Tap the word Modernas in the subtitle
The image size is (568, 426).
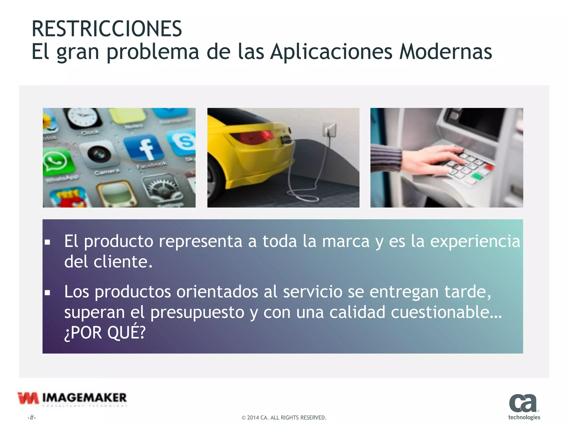[x=445, y=52]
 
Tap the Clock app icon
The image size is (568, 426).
[x=83, y=118]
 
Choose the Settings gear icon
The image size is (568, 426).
[x=164, y=189]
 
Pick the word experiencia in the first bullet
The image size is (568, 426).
[x=475, y=241]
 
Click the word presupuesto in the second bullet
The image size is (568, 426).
[x=197, y=312]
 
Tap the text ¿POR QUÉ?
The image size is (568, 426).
[x=105, y=333]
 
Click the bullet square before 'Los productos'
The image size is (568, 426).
[x=47, y=293]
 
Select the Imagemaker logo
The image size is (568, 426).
[x=72, y=399]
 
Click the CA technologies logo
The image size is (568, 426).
[x=524, y=406]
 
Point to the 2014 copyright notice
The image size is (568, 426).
[x=284, y=417]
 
